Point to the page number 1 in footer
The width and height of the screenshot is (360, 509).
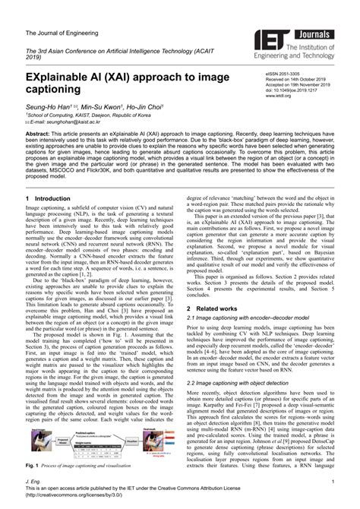pyautogui.click(x=333, y=480)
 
